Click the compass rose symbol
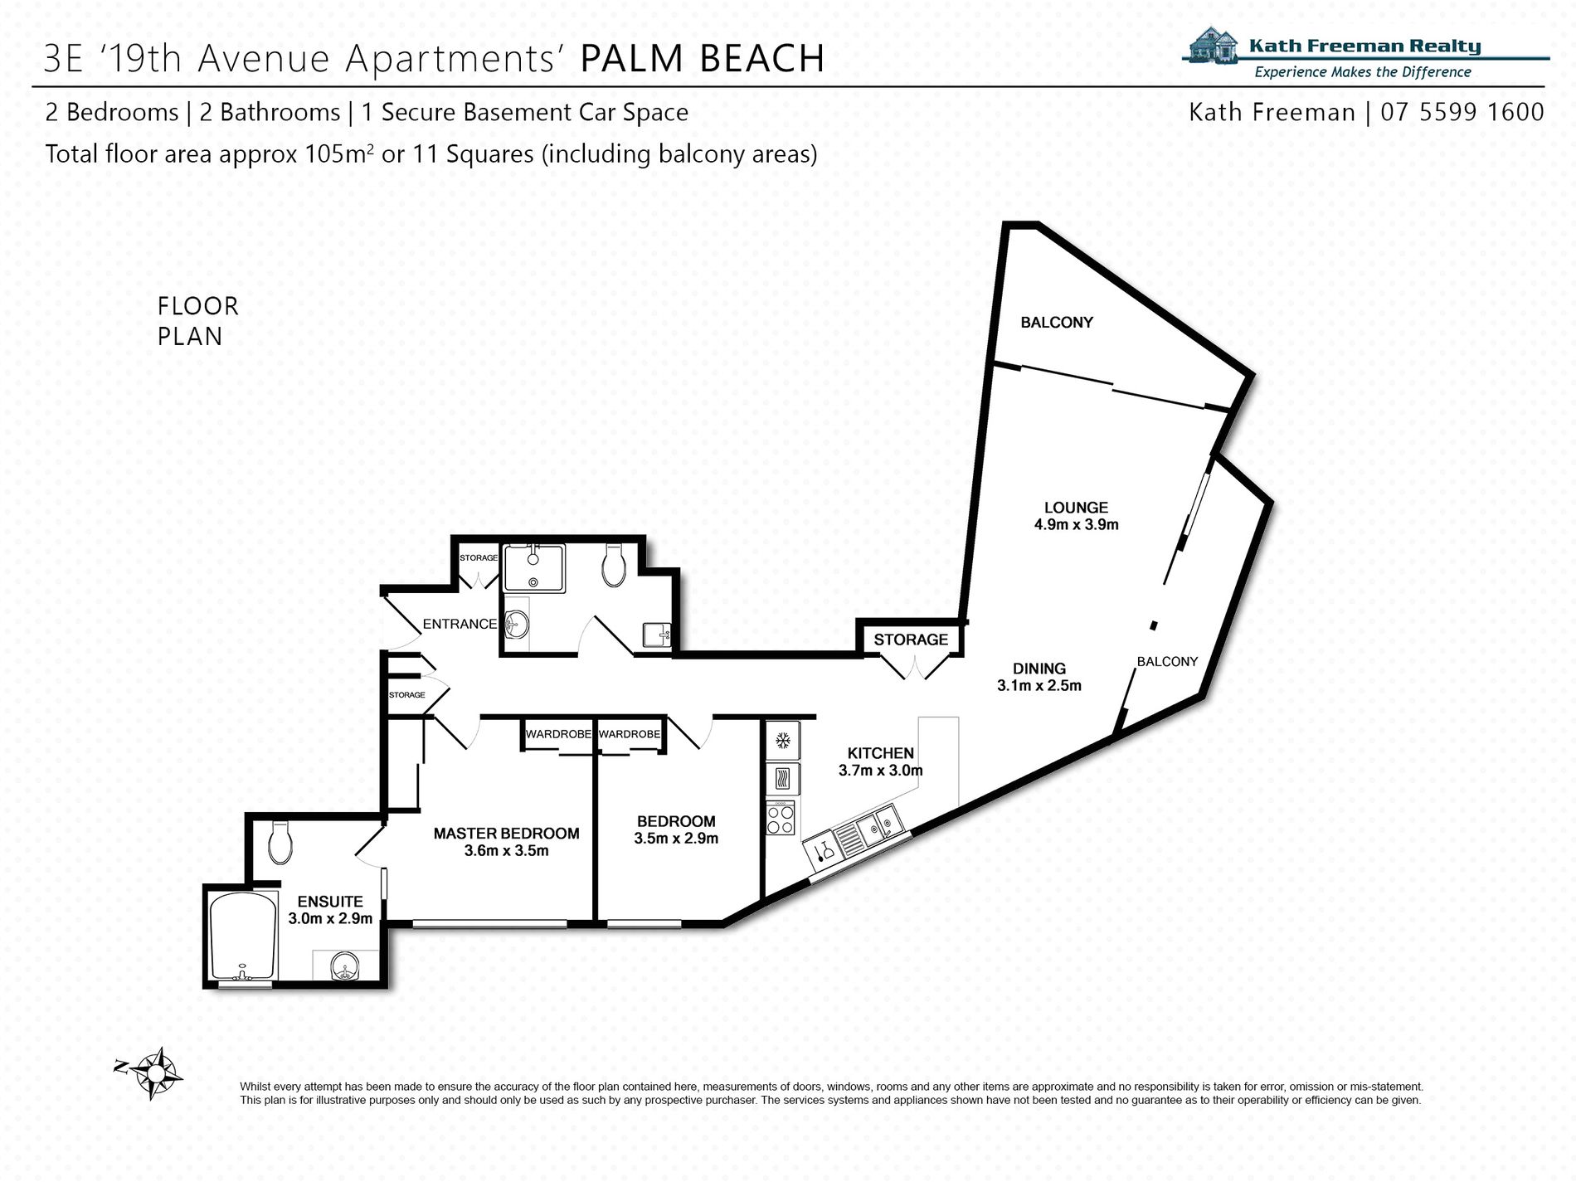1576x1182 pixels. (x=154, y=1073)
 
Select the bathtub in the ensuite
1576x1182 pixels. (x=242, y=936)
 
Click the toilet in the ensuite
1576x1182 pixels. (x=280, y=842)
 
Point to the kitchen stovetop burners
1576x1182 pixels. (x=781, y=820)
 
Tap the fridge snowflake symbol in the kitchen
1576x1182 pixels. (x=781, y=741)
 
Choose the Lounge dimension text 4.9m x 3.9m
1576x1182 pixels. (x=1076, y=524)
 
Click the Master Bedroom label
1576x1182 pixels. (x=506, y=833)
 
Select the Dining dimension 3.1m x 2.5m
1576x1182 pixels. (x=1039, y=685)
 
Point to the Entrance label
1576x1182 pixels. (x=460, y=624)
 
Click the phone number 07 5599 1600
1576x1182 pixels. (x=1462, y=112)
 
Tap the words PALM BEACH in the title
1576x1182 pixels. (x=702, y=58)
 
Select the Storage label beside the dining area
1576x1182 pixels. (x=911, y=640)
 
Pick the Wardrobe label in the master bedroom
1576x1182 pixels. (x=558, y=734)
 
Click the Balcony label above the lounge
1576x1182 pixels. (x=1057, y=322)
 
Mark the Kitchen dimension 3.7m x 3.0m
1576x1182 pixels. (x=880, y=770)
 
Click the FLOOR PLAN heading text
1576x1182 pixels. (x=198, y=321)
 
